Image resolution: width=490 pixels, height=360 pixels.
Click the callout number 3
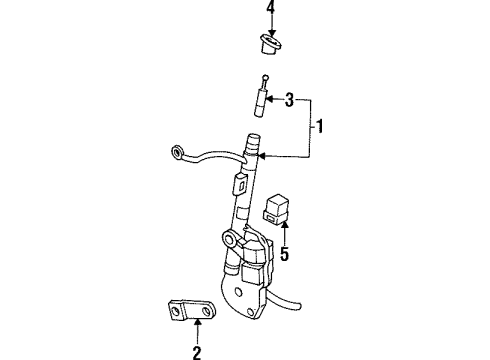pyautogui.click(x=291, y=99)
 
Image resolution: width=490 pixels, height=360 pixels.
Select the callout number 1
pyautogui.click(x=320, y=126)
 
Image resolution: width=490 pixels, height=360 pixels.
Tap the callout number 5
pyautogui.click(x=284, y=254)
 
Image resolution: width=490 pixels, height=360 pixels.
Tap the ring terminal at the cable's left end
pyautogui.click(x=177, y=152)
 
